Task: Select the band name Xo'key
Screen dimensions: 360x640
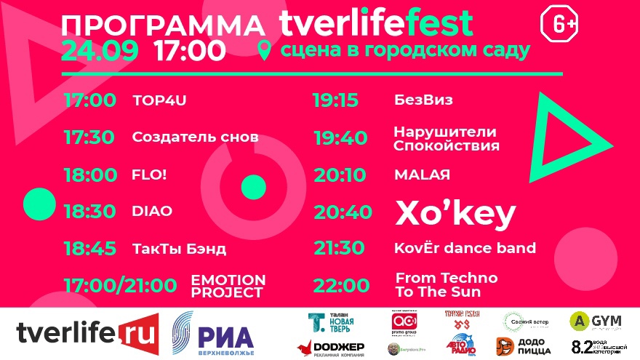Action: tap(455, 213)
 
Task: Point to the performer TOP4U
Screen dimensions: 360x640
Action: tap(159, 100)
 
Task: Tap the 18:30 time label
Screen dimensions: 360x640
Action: tap(91, 211)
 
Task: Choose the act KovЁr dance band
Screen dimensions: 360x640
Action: tap(465, 248)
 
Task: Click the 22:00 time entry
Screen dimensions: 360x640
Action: tap(342, 285)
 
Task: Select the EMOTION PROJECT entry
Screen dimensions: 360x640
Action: tap(228, 286)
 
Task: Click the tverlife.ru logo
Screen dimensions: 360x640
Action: tap(87, 334)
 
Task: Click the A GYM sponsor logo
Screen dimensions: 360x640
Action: tap(595, 321)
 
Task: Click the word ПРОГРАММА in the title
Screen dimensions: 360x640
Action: tap(162, 25)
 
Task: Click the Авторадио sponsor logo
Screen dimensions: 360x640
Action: tap(459, 344)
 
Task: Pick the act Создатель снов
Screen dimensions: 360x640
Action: tap(195, 137)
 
